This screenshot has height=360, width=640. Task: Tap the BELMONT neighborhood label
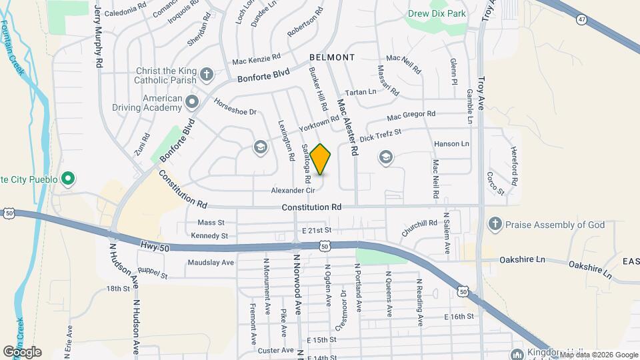pos(331,58)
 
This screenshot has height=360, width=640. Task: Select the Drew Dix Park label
pos(437,13)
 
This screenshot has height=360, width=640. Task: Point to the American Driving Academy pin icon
pos(193,102)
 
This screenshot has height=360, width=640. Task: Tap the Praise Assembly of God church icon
pos(495,223)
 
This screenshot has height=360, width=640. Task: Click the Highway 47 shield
pos(582,20)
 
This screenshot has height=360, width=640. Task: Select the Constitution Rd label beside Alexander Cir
pos(311,207)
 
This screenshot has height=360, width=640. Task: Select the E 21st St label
pos(316,230)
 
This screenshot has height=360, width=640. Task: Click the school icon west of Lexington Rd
pos(259,147)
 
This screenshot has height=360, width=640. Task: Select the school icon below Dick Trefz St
pos(385,157)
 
